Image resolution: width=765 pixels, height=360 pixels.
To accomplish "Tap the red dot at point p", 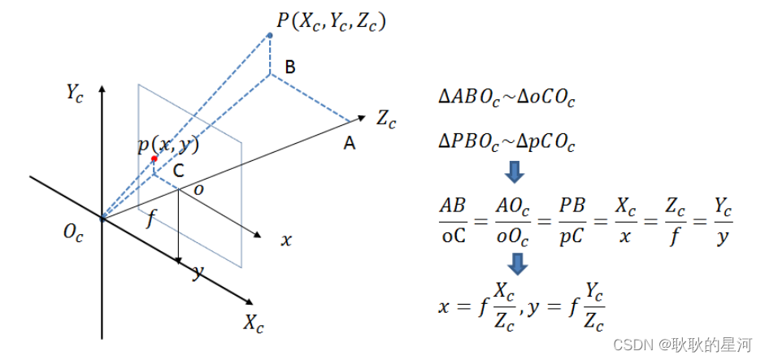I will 154,159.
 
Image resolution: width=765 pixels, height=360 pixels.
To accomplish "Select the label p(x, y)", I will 168,145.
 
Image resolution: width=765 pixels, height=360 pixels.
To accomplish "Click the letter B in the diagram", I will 289,67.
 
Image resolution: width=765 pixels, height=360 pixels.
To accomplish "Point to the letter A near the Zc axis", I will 350,143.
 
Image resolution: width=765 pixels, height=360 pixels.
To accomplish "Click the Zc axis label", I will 386,119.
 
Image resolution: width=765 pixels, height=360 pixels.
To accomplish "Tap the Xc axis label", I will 254,323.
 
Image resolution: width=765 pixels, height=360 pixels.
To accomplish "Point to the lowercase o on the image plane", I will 198,189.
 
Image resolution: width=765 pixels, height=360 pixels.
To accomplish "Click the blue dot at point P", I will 269,35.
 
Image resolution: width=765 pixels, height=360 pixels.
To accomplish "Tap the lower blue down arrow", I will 515,263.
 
